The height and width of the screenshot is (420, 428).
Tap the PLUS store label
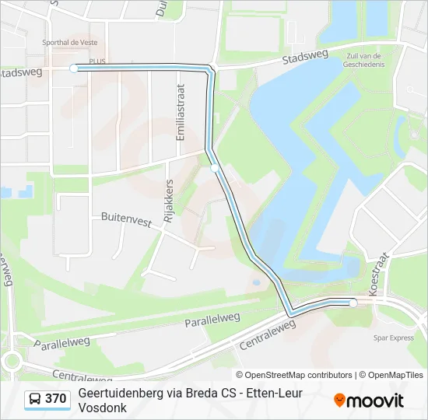(97, 60)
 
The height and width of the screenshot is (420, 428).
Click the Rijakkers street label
(169, 202)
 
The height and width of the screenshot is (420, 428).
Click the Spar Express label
(394, 338)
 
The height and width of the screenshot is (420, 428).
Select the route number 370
(56, 399)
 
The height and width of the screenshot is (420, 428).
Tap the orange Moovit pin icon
(339, 400)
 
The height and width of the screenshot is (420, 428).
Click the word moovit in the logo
(375, 401)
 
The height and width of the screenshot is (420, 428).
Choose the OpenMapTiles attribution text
(393, 375)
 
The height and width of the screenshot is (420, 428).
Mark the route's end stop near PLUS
(74, 68)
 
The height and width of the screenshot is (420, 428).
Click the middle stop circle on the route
(215, 167)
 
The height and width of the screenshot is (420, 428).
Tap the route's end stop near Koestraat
(353, 303)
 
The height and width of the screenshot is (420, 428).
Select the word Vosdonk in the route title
(101, 408)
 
